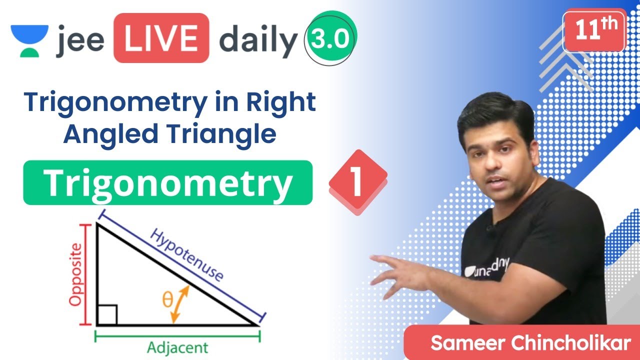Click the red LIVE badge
coord(160,38)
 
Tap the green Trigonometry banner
coord(168,182)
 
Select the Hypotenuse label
coord(186,255)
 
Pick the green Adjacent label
coord(177,347)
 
